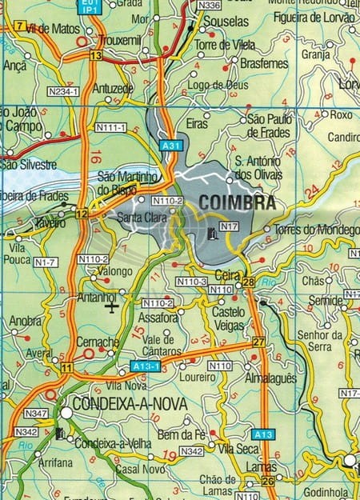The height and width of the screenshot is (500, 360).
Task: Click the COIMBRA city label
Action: point(237,203)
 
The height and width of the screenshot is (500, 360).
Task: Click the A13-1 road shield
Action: point(146,366)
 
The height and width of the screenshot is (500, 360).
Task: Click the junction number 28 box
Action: point(248,282)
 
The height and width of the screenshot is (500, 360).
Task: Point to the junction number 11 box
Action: point(67,367)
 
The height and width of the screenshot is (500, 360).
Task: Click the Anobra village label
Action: point(26,322)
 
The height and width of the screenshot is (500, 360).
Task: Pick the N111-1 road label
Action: point(110,128)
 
